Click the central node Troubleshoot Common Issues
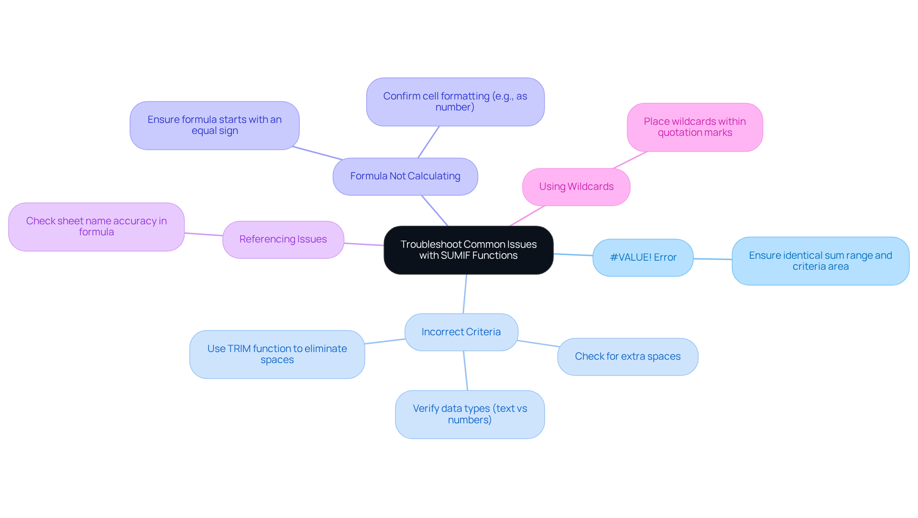click(468, 250)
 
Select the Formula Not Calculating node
click(405, 176)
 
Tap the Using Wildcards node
click(576, 187)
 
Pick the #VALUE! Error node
click(643, 257)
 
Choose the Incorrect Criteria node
click(461, 332)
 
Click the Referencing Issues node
click(283, 239)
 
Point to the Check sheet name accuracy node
click(96, 227)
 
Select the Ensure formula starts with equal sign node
click(214, 125)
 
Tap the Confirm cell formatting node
click(455, 102)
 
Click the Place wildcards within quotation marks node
click(694, 127)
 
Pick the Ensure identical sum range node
click(820, 261)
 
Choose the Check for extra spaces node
click(627, 357)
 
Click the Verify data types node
click(470, 414)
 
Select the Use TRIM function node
click(277, 354)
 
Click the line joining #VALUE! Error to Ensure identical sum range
click(712, 259)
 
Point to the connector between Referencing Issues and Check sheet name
click(204, 234)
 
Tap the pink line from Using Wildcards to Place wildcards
click(630, 160)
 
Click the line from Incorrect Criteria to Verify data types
click(465, 371)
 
